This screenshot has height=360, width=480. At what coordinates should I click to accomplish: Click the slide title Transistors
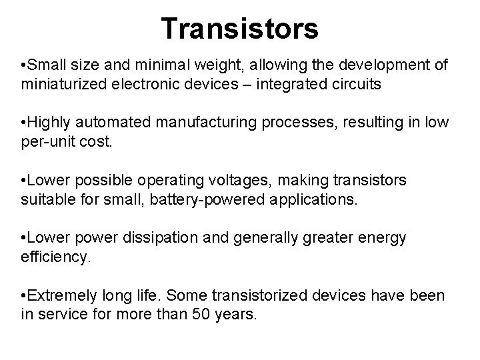click(240, 28)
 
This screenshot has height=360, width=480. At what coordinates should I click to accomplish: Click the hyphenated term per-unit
click(47, 143)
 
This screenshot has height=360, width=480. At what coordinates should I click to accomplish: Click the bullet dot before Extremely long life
click(23, 295)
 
